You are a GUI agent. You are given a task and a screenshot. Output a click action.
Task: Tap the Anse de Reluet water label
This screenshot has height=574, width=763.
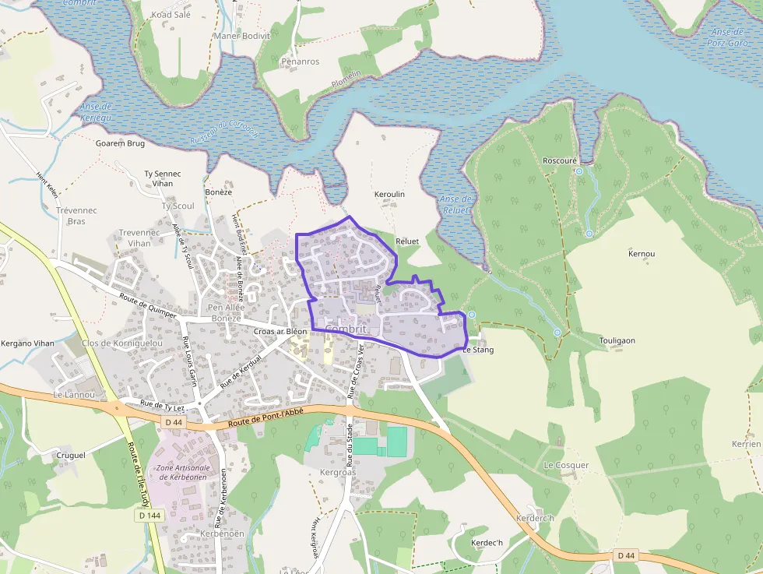tap(455, 205)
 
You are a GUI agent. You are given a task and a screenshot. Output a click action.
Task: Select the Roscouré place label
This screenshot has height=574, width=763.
tap(560, 160)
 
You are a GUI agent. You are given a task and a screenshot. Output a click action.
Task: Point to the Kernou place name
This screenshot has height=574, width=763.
tap(642, 254)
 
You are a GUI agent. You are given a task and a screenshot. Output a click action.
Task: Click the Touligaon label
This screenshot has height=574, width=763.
tap(617, 341)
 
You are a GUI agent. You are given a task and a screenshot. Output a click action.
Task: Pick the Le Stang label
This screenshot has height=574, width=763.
tap(478, 350)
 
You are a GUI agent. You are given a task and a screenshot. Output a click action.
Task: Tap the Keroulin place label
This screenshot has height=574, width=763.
tap(389, 194)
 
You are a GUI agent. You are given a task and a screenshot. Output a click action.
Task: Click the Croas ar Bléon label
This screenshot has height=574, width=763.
tap(280, 331)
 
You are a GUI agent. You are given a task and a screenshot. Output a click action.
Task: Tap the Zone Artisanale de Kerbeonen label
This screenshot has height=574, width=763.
tap(185, 472)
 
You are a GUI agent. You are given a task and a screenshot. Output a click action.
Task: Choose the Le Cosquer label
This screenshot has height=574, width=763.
tap(566, 465)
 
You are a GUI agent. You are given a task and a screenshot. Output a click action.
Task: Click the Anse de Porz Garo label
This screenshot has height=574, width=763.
tap(730, 37)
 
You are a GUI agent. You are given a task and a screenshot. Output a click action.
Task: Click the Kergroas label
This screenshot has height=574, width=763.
tap(337, 473)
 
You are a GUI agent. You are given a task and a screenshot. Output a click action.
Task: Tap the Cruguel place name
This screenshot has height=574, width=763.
tap(71, 455)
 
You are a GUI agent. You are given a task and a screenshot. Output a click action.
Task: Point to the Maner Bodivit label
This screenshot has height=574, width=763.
tap(243, 36)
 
